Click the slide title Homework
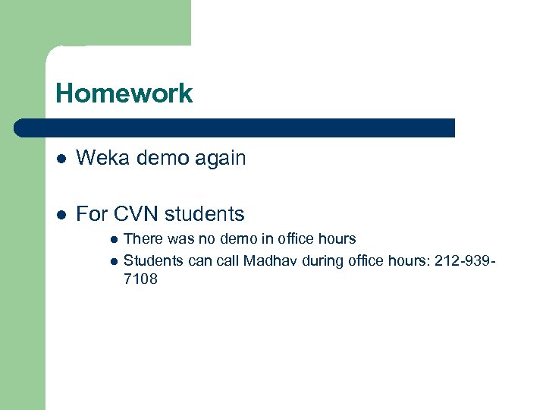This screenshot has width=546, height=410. (x=124, y=94)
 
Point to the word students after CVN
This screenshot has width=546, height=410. (x=204, y=214)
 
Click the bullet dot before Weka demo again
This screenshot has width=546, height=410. (x=61, y=159)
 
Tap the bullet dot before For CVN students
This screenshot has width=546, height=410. (x=61, y=215)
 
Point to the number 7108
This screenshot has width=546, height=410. (x=140, y=279)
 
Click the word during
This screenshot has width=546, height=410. (x=323, y=261)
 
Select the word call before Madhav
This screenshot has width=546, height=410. (x=227, y=261)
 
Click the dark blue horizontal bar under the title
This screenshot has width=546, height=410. (x=235, y=128)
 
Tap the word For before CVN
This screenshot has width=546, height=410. (x=92, y=214)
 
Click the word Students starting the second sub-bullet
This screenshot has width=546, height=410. (x=152, y=261)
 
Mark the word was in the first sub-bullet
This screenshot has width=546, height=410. (x=180, y=239)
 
